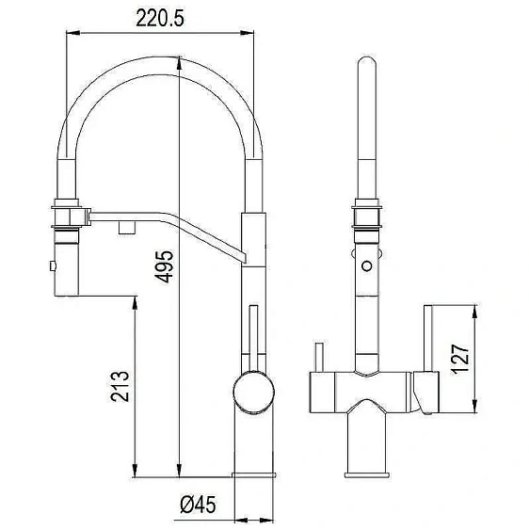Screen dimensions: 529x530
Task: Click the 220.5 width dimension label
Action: [x=160, y=18]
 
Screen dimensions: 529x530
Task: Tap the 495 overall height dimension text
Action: [x=165, y=266]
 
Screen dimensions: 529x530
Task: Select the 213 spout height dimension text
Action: [x=120, y=386]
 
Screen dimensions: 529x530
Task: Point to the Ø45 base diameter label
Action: [x=198, y=505]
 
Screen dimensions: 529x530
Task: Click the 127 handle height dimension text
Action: [x=460, y=360]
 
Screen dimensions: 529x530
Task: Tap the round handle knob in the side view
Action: [x=253, y=393]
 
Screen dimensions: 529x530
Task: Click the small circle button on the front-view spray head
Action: [x=367, y=265]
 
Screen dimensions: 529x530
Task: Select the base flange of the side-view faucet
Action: [x=253, y=474]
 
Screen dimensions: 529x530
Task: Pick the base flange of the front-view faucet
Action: [x=367, y=474]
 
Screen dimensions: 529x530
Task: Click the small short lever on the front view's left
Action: [x=319, y=358]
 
